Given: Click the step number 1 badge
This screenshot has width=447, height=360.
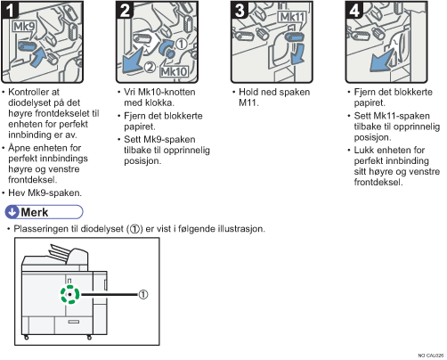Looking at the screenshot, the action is click(10, 10).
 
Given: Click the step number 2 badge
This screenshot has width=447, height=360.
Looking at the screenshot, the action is click(125, 10).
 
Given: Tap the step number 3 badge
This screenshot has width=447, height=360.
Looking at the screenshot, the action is click(240, 10).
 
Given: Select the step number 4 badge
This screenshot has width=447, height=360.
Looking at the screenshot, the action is click(354, 10).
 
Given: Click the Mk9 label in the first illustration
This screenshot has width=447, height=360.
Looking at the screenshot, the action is click(24, 27).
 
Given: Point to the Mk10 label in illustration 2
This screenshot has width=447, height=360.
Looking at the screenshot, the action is click(174, 71).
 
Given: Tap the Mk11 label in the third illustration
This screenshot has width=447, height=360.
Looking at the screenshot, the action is click(292, 17).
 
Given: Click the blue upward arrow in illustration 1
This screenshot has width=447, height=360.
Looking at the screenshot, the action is click(38, 57).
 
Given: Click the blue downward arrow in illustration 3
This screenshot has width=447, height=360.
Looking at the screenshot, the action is click(297, 54).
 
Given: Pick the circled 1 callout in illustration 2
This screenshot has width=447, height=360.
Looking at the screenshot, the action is click(181, 44).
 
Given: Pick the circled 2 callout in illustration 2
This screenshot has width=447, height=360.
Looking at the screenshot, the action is click(150, 67).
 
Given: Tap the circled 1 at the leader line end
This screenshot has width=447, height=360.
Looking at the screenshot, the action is click(143, 295).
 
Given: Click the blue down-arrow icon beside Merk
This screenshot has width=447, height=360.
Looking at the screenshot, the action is click(12, 212).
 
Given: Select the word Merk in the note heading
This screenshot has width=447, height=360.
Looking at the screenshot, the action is click(35, 212).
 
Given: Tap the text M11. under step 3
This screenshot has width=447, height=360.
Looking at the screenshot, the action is click(249, 102).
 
